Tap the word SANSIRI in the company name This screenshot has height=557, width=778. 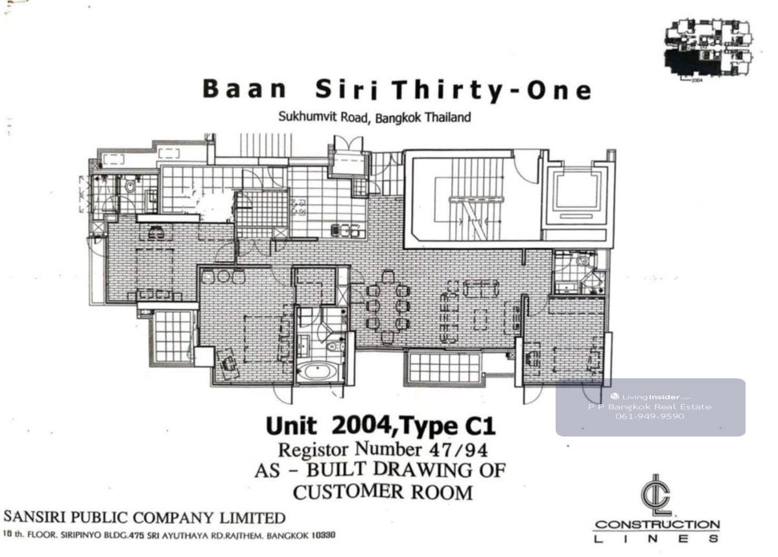[x=34, y=517]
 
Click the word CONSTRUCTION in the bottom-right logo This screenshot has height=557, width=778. [x=656, y=525]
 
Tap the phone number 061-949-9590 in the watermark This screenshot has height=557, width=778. [x=650, y=416]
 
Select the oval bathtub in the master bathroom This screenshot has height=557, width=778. [x=317, y=371]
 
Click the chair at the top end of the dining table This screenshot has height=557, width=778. [x=388, y=277]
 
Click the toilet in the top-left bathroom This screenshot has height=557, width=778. [x=130, y=187]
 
